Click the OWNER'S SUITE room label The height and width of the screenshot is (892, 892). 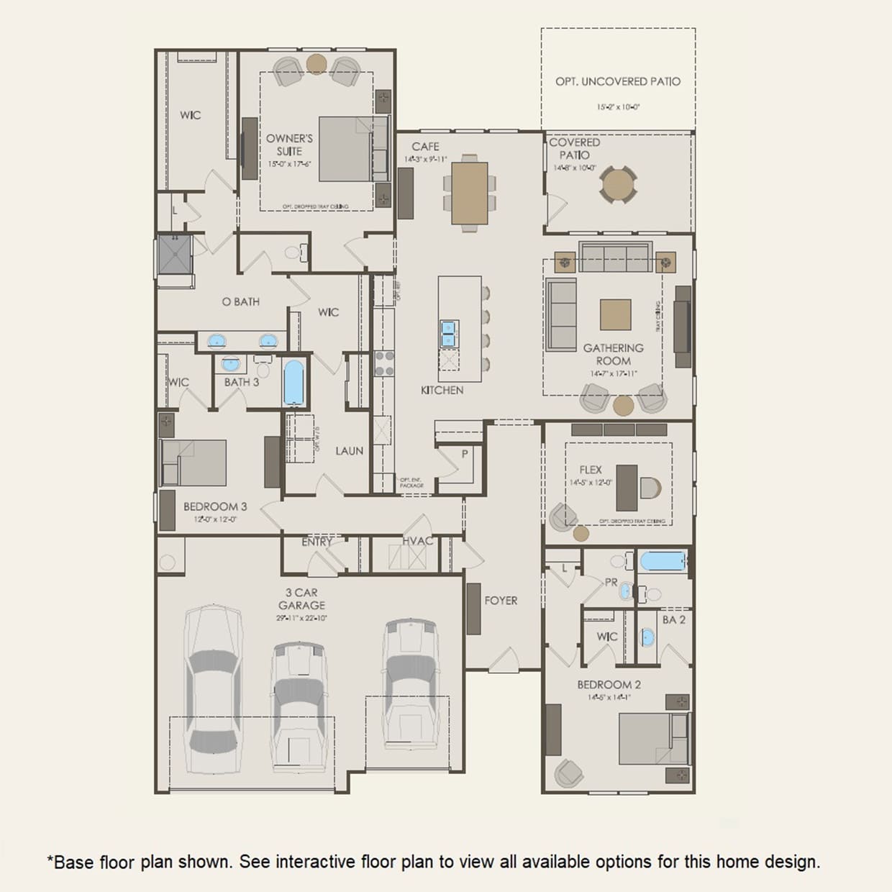(289, 145)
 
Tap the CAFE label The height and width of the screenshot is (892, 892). (425, 146)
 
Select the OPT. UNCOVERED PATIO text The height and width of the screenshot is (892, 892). (617, 81)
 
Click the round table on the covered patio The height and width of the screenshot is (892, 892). (618, 185)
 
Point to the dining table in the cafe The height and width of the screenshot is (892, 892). (470, 193)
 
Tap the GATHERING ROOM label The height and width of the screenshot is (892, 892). (613, 354)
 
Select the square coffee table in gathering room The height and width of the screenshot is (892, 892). (616, 315)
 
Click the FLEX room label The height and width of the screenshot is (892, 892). (591, 470)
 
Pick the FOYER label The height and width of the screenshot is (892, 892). (501, 600)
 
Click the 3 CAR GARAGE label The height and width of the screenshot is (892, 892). (301, 599)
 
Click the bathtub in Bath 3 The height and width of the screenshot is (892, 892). (293, 383)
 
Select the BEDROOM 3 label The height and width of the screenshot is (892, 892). (214, 506)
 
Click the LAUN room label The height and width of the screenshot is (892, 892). (349, 451)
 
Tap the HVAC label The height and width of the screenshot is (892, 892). (417, 541)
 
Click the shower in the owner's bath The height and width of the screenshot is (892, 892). (175, 255)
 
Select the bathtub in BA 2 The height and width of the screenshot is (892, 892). (663, 561)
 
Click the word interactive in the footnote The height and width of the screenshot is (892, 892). (316, 861)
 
